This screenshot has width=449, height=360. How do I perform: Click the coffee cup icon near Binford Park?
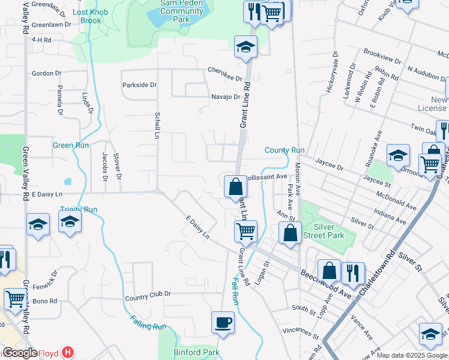(223, 322)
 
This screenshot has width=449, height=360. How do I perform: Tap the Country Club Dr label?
(148, 294)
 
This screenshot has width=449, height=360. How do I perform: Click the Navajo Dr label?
(225, 97)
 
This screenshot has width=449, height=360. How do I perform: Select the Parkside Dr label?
(139, 85)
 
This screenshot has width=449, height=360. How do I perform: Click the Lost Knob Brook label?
(87, 16)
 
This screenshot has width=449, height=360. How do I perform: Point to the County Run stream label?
(285, 150)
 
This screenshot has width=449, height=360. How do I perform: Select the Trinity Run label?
(78, 209)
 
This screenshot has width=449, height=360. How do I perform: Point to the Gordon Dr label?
(47, 73)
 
